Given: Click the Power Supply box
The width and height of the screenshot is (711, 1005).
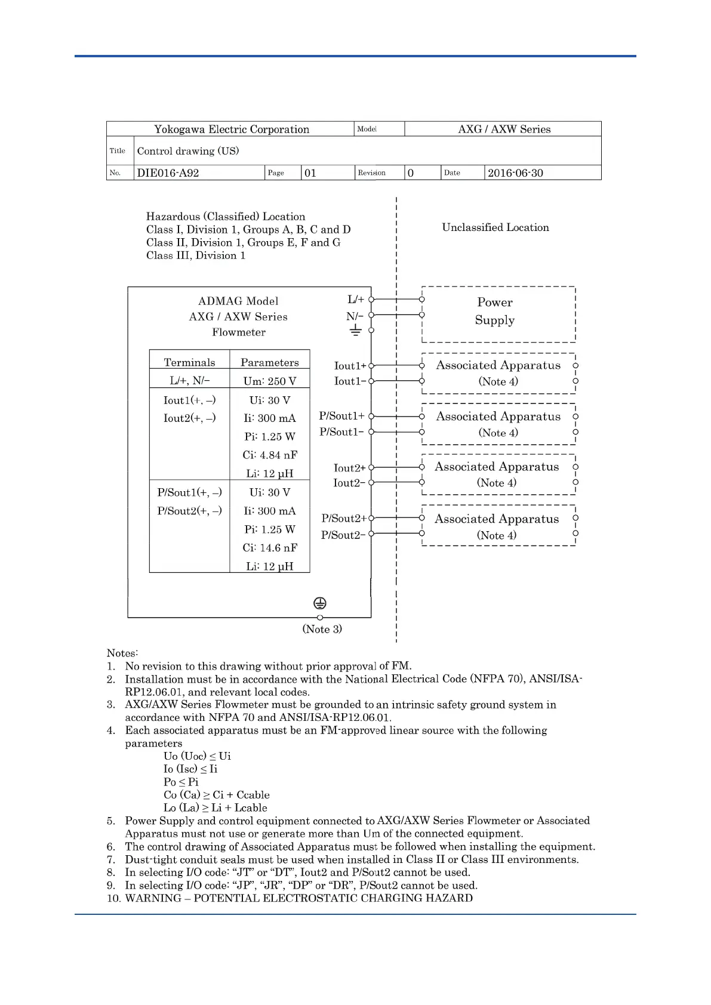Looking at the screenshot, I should [498, 314].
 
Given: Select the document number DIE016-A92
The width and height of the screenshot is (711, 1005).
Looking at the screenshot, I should [168, 173].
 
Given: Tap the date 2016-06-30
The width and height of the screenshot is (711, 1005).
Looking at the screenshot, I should [515, 173].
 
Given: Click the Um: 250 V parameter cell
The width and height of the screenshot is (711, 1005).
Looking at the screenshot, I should [270, 381].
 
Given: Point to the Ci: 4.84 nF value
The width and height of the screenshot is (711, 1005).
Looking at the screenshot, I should [270, 455].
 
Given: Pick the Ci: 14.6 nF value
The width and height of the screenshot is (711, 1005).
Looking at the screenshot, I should [270, 548].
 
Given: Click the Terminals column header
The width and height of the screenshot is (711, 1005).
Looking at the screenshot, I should [189, 362].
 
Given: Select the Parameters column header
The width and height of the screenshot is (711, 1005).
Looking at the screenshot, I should [270, 362].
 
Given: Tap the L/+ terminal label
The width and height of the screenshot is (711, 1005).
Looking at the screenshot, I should [356, 300].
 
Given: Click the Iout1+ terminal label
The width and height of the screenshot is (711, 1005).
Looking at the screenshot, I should [350, 365].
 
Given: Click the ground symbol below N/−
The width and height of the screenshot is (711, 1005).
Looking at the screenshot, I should [356, 331].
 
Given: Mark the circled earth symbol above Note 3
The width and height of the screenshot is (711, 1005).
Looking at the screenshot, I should [320, 603].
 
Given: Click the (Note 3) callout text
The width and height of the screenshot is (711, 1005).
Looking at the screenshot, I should [322, 629].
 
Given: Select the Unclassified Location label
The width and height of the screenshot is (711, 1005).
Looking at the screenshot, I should [495, 227].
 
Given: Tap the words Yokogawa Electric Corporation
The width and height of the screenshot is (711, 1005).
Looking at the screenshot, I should [232, 130].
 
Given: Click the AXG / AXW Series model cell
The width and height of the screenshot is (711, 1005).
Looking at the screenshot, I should [504, 130].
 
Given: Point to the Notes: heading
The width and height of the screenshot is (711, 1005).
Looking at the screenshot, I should [122, 653].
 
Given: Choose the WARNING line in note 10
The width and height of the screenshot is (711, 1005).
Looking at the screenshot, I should [298, 898].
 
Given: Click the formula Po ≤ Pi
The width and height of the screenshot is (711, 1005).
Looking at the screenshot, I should [181, 782].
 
